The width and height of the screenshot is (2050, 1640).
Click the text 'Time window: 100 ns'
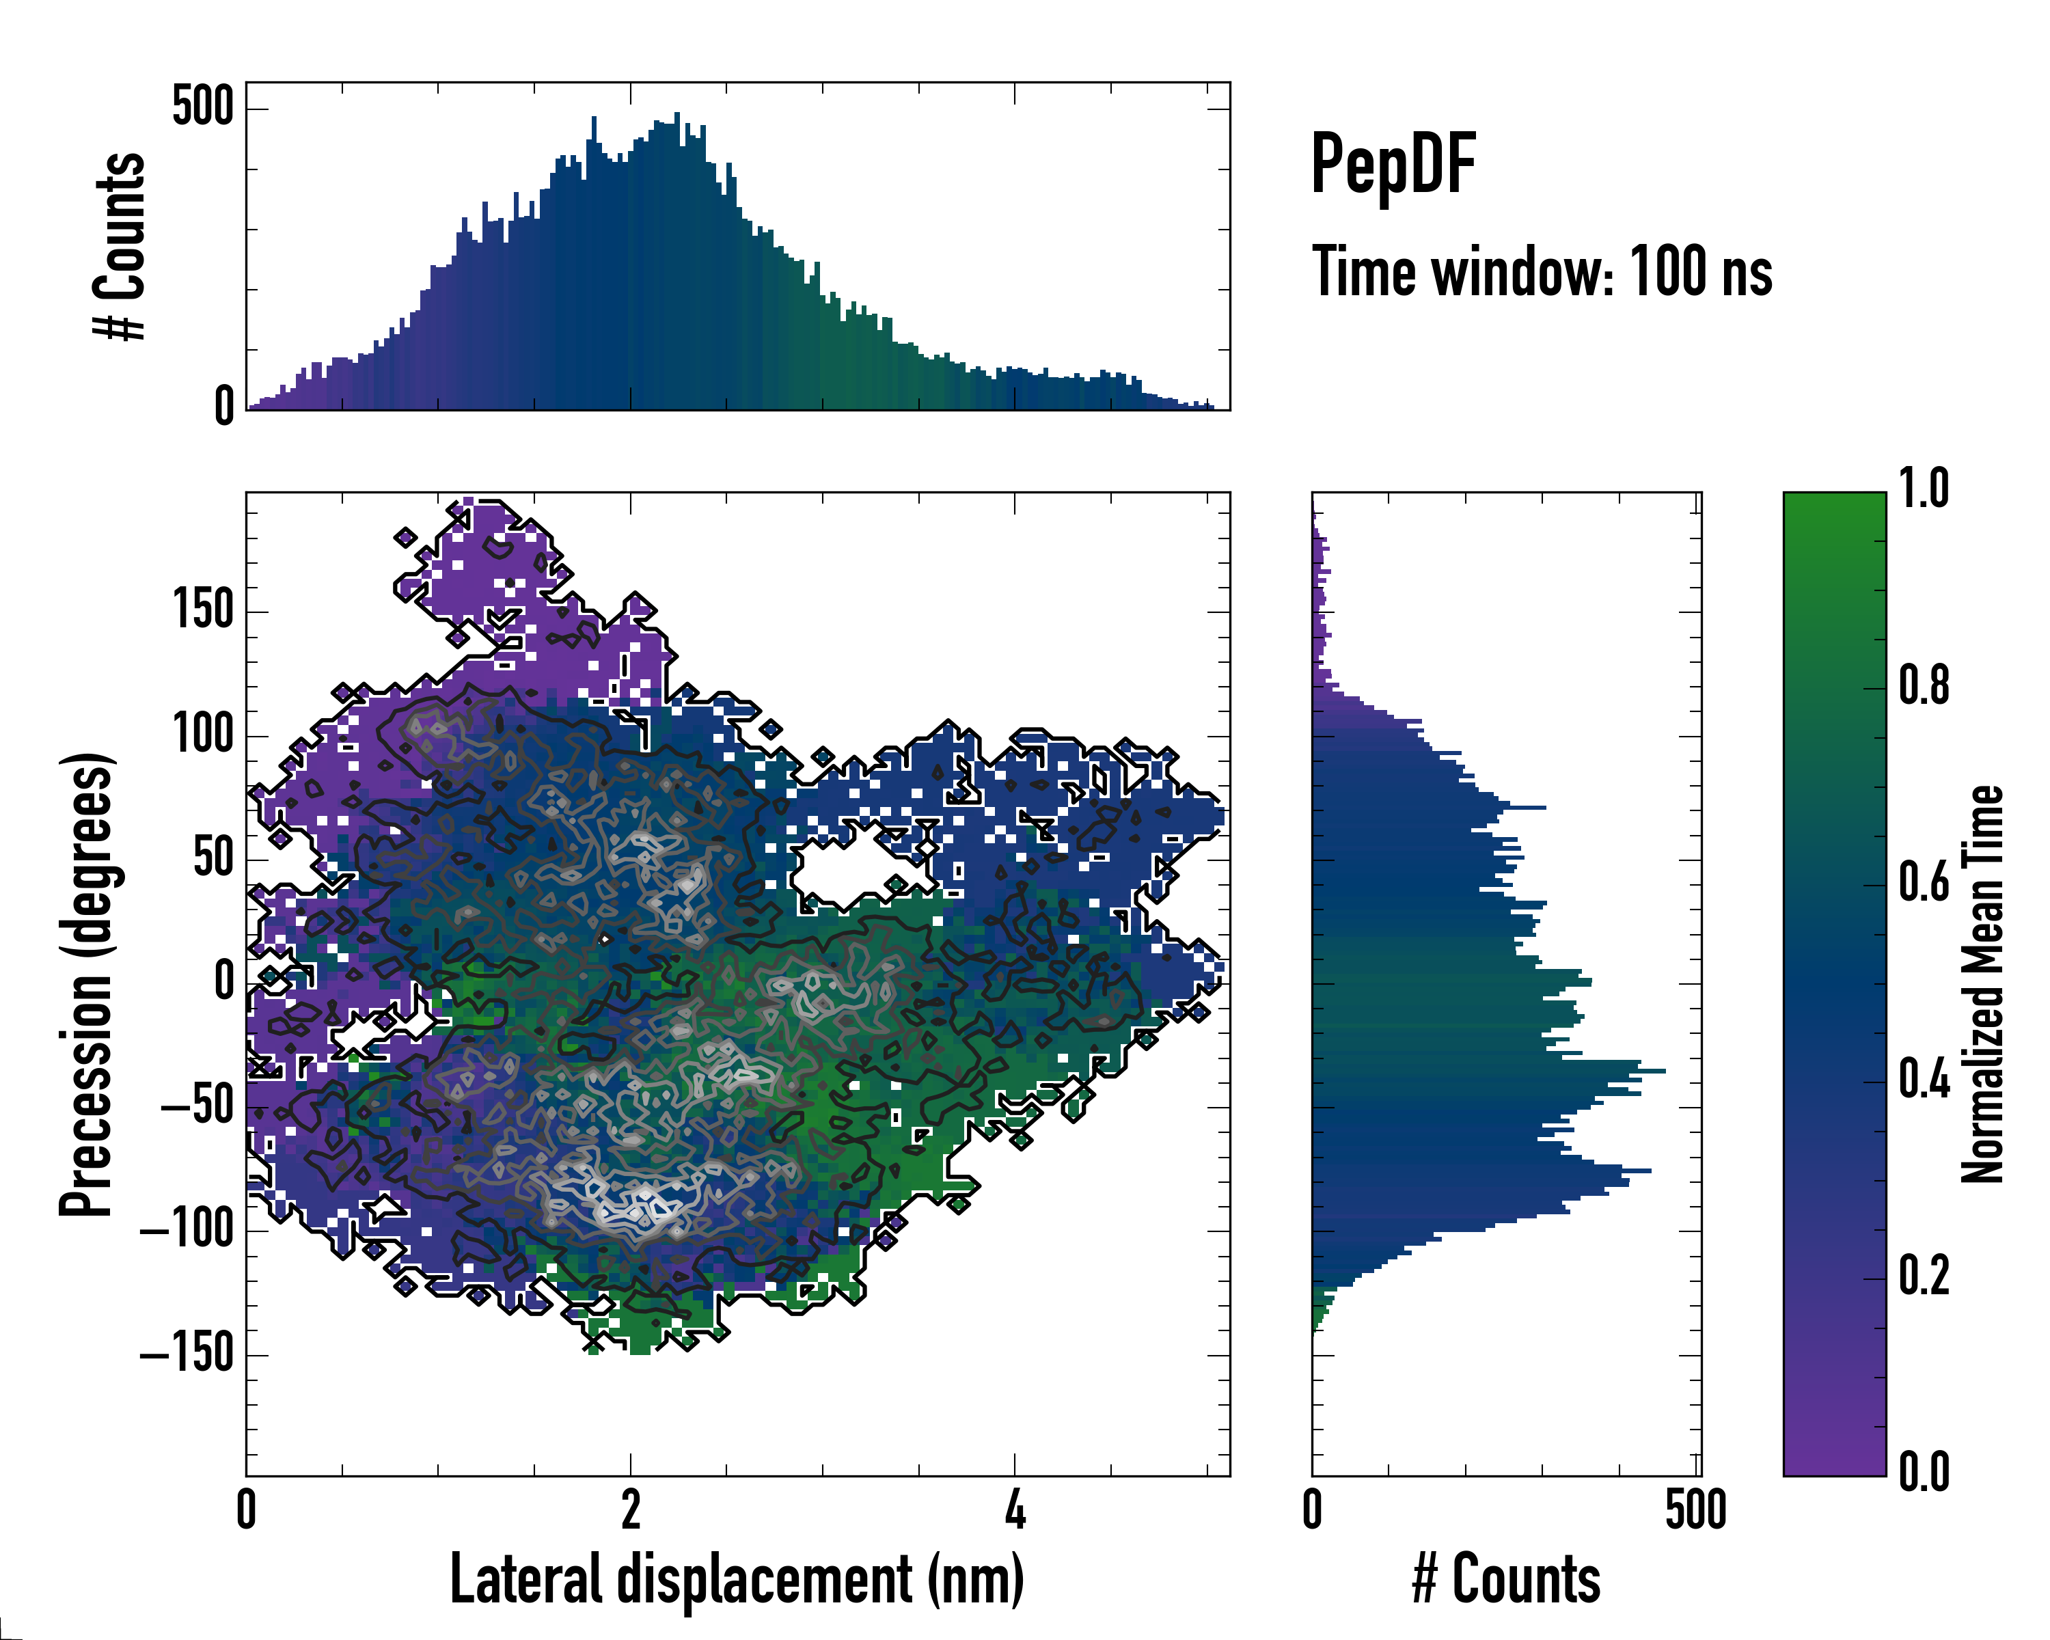1542,272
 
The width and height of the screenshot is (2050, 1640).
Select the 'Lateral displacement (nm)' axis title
737,1579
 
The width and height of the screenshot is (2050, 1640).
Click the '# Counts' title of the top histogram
120,246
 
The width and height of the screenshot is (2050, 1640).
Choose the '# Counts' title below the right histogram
1506,1579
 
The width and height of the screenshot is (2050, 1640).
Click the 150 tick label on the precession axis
204,610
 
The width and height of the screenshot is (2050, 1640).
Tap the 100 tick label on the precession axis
204,734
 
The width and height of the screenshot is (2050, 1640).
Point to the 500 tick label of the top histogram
202,107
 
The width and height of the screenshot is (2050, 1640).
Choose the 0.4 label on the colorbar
1924,1081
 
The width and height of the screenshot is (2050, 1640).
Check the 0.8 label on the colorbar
1924,687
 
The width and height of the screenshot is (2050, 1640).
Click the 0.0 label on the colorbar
1924,1473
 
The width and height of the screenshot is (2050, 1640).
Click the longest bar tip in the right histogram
1664,1071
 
